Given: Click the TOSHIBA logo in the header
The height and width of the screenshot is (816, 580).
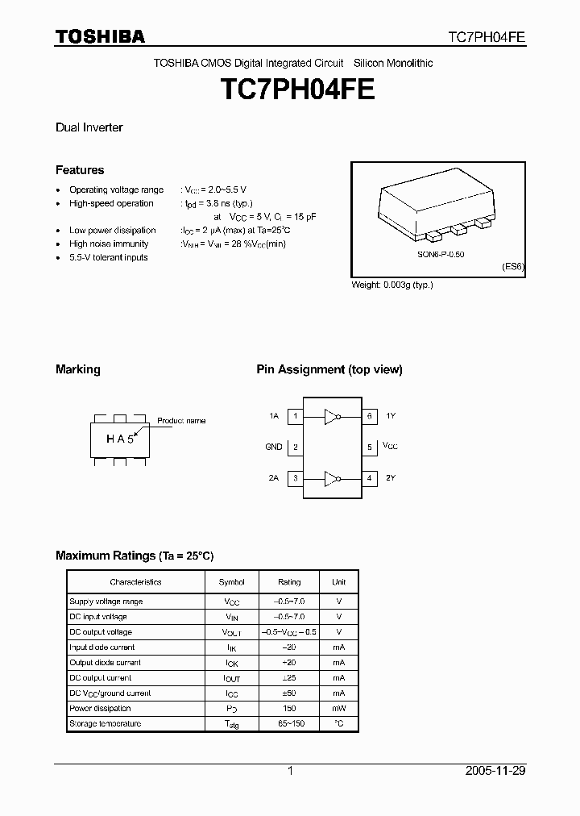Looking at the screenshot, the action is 100,36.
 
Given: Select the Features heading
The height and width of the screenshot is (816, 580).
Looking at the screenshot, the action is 80,170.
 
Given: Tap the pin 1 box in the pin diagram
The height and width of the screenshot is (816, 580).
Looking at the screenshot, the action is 296,416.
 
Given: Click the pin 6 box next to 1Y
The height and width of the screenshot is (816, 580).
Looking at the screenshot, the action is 369,416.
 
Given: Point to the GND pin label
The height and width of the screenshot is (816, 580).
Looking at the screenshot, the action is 274,447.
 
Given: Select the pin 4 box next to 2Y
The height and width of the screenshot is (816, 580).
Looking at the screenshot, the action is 369,478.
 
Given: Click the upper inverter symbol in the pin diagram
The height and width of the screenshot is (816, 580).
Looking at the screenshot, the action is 332,416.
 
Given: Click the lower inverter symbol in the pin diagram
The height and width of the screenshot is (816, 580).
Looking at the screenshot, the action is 332,478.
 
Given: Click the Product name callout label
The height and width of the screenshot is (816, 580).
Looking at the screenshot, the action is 181,421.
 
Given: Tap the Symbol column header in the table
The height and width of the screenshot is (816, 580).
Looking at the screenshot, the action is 232,581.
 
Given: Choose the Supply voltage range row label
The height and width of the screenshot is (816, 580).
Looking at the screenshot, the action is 106,602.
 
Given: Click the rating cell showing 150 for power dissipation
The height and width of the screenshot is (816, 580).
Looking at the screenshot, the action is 289,708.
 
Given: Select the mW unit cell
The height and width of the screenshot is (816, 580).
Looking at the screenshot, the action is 338,708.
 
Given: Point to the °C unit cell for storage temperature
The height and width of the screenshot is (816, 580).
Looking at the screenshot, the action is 338,723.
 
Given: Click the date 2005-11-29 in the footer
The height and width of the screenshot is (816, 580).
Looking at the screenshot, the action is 495,771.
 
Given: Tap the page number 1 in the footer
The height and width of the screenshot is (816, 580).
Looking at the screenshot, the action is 290,771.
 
